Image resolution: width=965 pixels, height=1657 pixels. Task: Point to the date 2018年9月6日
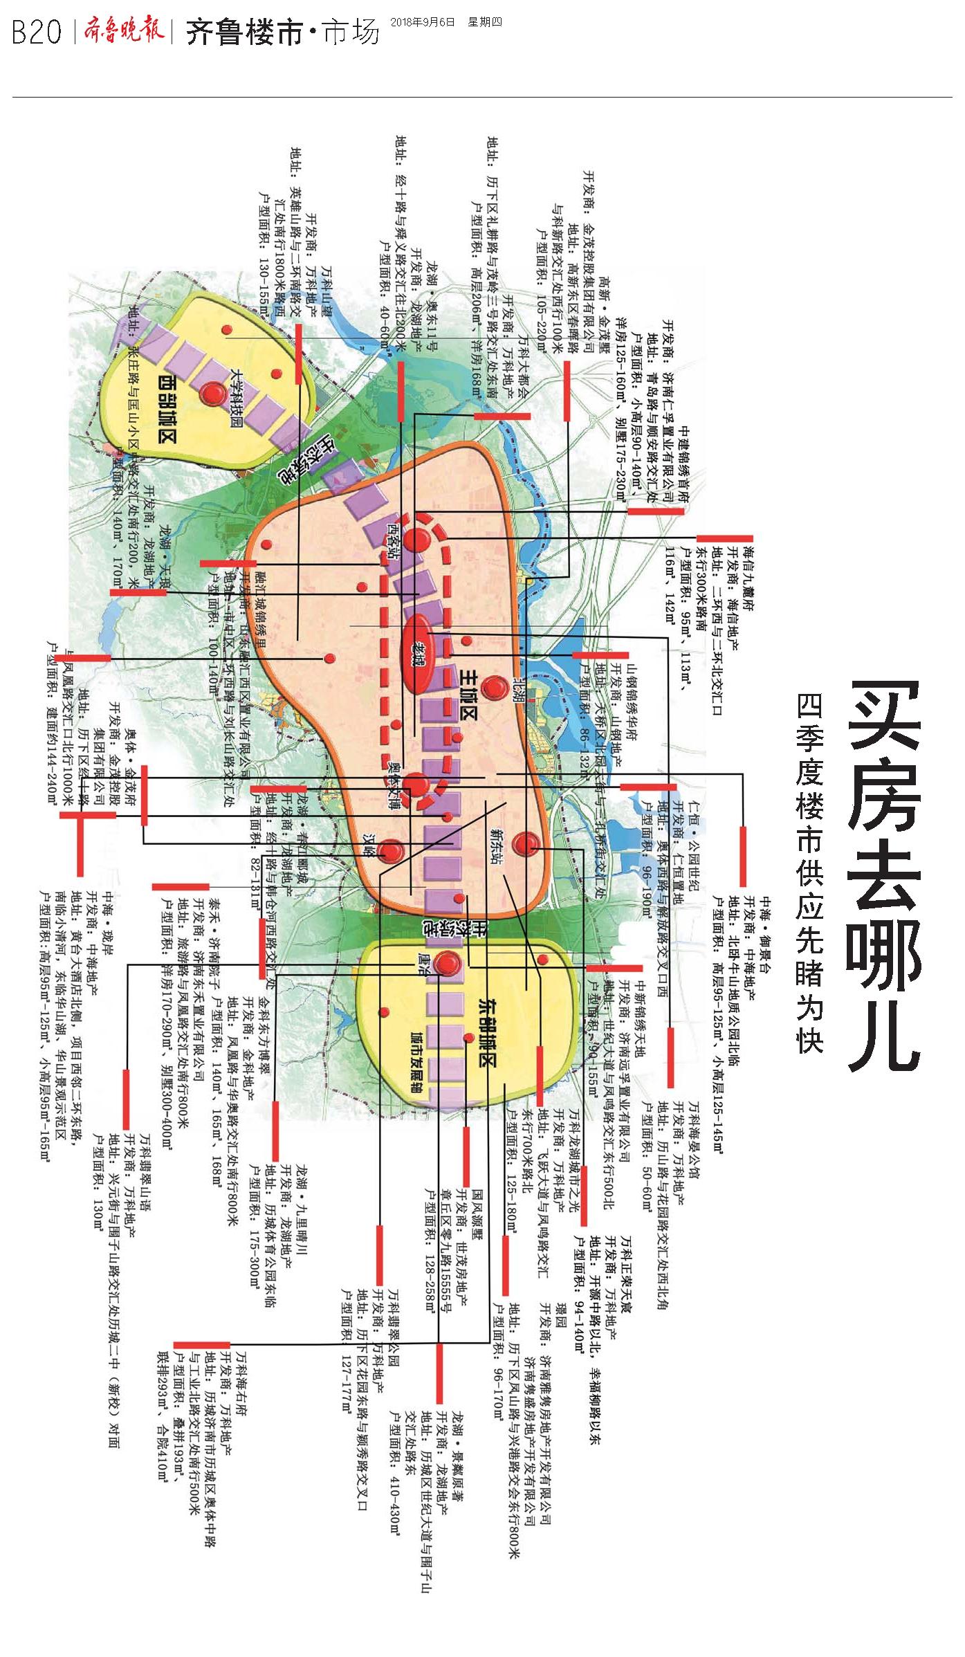click(422, 22)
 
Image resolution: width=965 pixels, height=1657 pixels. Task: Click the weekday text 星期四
click(484, 22)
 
